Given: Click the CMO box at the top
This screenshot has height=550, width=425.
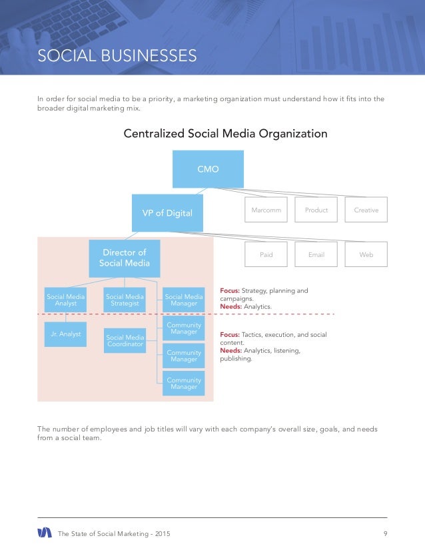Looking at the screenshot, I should [208, 169].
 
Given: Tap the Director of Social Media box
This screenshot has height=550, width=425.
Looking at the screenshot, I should [124, 258].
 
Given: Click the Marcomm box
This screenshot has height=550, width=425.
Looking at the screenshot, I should [266, 210].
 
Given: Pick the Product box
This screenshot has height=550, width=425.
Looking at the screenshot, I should [316, 210].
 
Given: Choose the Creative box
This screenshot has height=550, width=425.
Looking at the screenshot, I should [366, 210].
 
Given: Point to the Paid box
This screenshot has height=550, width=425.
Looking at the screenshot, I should [266, 254].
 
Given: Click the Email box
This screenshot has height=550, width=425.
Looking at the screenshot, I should [316, 254].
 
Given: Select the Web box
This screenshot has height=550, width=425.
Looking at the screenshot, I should [366, 254].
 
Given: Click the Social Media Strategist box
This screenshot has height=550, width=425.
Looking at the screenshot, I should [125, 300].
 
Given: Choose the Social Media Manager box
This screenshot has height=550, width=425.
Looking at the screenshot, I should [184, 300].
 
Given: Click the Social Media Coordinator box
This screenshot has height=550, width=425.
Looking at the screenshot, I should [125, 341].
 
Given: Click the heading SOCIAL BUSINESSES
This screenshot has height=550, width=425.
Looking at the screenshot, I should [117, 55].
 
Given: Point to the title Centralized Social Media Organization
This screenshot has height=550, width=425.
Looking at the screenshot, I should [225, 134].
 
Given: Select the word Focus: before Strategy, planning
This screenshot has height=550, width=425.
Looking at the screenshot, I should [230, 290].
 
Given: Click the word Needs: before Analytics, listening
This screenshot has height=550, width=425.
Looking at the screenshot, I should [230, 350].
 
